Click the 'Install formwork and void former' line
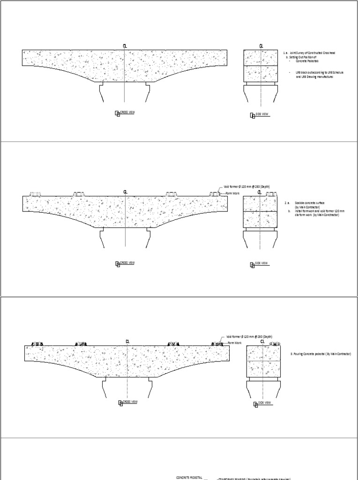319,212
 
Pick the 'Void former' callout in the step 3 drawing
249,337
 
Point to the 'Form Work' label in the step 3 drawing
235,343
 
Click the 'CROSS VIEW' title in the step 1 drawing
127,112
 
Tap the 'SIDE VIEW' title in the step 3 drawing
264,402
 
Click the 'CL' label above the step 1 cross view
125,46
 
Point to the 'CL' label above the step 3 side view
262,342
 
